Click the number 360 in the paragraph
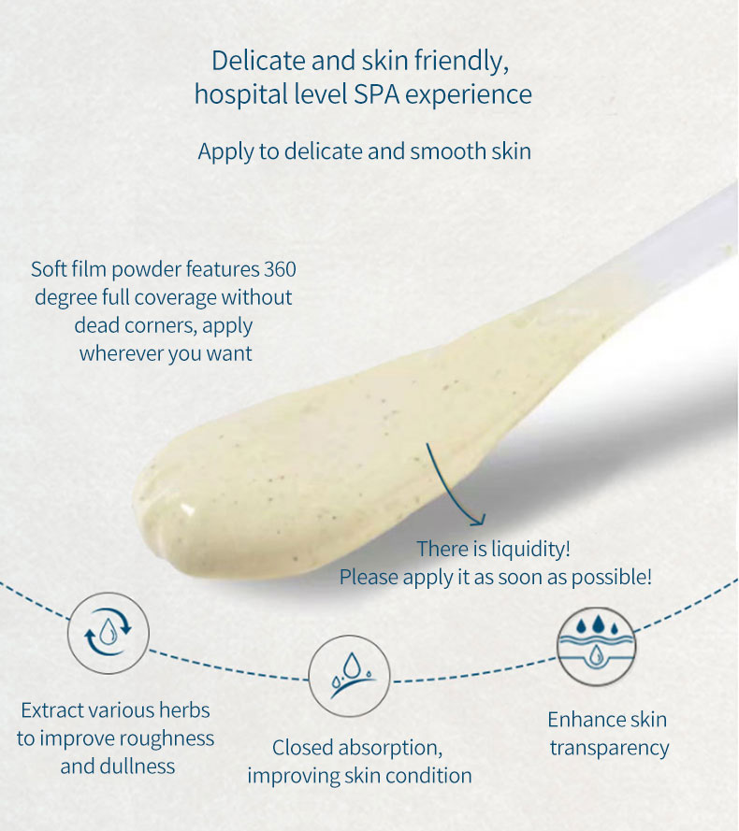tap(280, 269)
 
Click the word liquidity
tap(530, 550)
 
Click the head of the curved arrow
tap(478, 520)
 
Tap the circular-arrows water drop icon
tap(109, 634)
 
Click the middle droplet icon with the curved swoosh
tap(349, 676)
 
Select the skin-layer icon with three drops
tap(596, 646)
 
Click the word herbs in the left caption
tap(185, 710)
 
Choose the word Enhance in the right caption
tap(580, 721)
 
